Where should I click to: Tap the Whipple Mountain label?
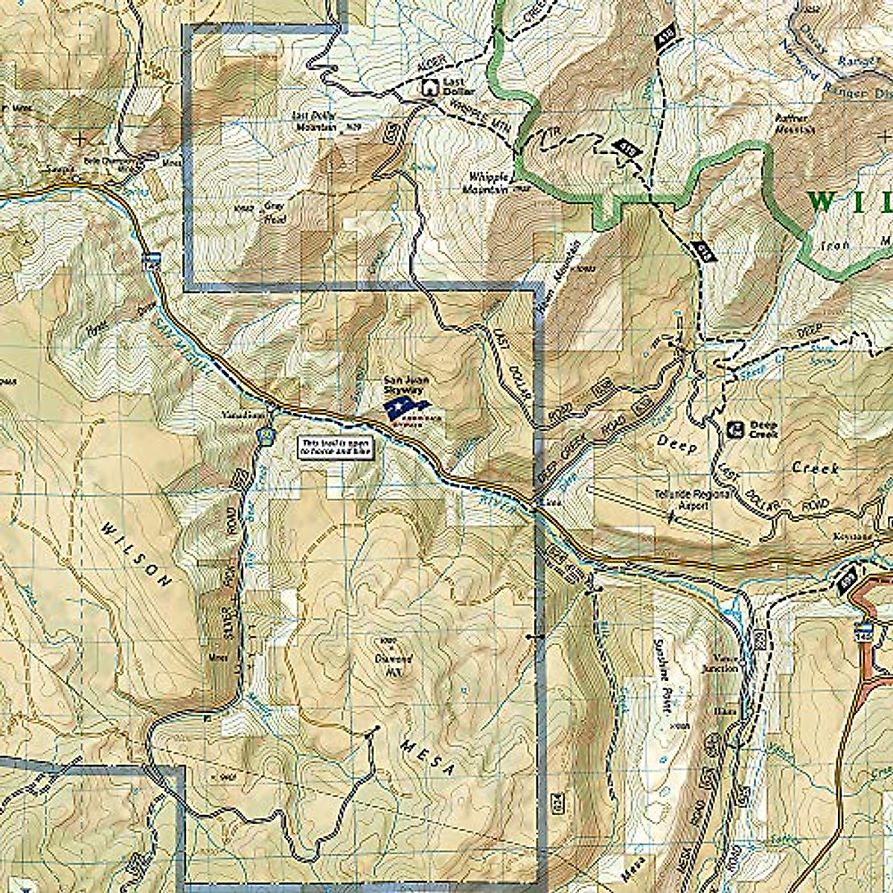pos(487,182)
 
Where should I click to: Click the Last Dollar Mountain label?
pos(315,121)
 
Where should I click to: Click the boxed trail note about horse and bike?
pos(336,446)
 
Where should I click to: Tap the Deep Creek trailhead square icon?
pos(735,429)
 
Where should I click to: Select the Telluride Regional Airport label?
pos(680,499)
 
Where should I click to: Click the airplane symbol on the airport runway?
pos(671,516)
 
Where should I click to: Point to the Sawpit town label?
pos(60,170)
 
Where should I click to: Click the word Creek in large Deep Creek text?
pos(815,469)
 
